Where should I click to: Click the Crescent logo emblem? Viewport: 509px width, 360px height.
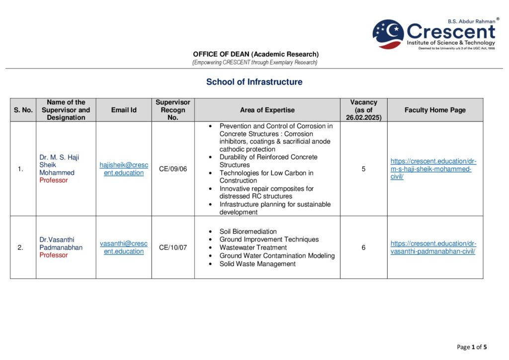[x=388, y=34]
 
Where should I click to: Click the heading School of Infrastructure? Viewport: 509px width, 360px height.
[x=254, y=82]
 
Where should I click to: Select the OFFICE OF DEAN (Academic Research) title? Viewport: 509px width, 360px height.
[x=255, y=54]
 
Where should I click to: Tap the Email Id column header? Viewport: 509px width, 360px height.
[x=124, y=110]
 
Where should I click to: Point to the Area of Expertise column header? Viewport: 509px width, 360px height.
[x=267, y=110]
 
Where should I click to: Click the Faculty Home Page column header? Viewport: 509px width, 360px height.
[x=435, y=110]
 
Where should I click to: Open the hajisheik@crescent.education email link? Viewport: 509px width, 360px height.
[x=124, y=169]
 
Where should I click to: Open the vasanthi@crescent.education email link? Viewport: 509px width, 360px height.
[x=124, y=247]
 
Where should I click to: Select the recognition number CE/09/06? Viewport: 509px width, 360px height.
[x=173, y=169]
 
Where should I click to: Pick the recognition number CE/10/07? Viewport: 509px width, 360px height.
[x=173, y=247]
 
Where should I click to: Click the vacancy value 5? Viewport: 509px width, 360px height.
[x=363, y=169]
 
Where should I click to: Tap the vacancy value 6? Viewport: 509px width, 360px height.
[x=363, y=247]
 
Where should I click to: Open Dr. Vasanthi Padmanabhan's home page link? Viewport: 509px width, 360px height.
[x=433, y=247]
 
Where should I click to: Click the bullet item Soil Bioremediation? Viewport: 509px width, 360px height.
[x=248, y=232]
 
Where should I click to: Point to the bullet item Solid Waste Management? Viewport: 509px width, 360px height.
[x=257, y=264]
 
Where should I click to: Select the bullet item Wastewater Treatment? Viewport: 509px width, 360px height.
[x=253, y=248]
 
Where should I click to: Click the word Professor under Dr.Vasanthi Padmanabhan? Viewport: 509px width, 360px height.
[x=54, y=255]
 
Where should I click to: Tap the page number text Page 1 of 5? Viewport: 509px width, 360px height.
[x=472, y=347]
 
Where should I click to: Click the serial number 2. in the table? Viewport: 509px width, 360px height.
[x=20, y=247]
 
